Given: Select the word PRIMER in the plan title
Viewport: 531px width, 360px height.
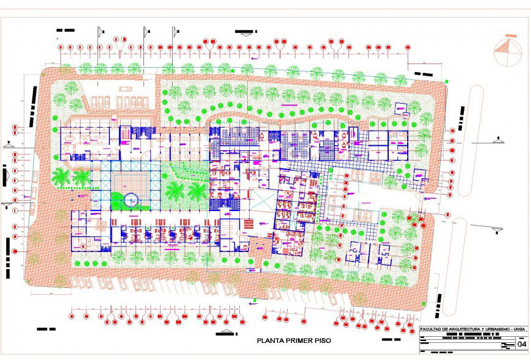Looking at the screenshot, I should pos(300,340).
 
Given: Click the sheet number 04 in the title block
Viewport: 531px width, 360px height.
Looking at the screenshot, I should pos(522,344).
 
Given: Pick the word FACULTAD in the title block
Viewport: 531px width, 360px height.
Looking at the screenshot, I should pos(432,330).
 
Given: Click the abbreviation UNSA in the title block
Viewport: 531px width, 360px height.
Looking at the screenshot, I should pos(519,330).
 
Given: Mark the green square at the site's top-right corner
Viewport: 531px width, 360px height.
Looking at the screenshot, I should pos(447,81).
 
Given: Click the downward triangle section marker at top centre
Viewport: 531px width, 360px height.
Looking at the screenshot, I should pos(246,35).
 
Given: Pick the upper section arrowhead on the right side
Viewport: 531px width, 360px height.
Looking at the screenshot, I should pos(499,141).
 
